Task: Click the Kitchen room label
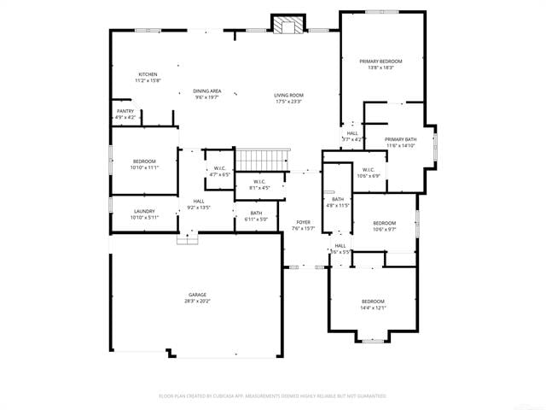point(148,74)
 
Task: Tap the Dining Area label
point(206,91)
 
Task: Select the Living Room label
point(288,95)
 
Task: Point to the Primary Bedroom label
point(380,61)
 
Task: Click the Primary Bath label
point(400,139)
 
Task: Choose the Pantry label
point(125,111)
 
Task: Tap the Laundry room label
point(143,211)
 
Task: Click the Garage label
point(197,295)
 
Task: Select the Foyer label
point(304,222)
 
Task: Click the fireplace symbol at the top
point(288,25)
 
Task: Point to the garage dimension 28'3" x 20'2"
point(197,301)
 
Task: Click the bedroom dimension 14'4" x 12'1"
point(374,307)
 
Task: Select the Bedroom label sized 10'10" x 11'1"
point(143,161)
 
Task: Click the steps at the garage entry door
point(187,240)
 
